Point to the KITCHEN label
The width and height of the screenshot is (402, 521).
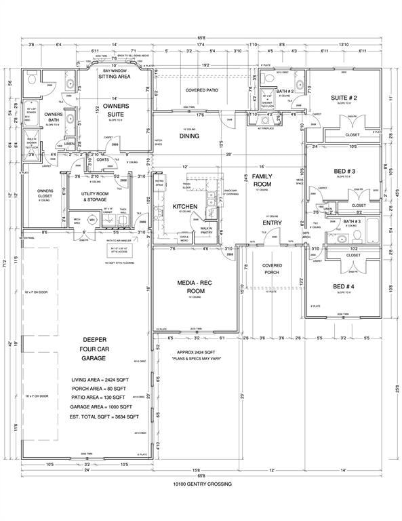pos(185,206)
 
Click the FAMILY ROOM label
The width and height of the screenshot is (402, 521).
pos(262,180)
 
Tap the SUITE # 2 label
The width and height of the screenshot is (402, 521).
pos(344,98)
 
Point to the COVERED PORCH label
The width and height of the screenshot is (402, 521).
pos(273,269)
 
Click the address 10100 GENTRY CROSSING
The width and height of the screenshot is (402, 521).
pos(201,484)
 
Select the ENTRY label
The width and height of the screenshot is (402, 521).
pos(273,222)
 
